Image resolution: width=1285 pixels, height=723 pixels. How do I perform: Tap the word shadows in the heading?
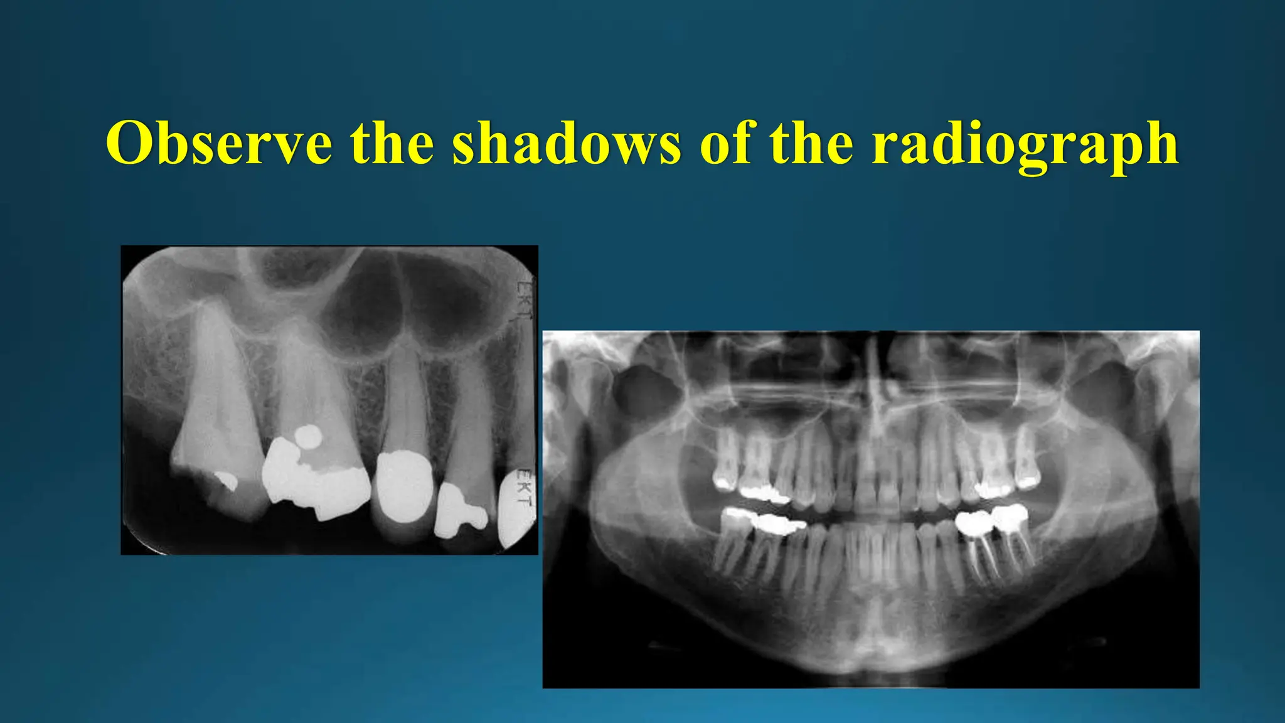coord(566,143)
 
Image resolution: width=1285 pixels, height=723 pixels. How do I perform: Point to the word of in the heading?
coord(725,143)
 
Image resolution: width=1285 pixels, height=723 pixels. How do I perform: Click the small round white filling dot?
coord(308,436)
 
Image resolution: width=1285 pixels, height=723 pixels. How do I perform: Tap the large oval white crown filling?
coord(403,486)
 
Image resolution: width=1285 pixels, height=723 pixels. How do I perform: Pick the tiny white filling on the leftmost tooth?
coord(226,480)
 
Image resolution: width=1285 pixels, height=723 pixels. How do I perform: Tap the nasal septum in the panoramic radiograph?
coord(874,383)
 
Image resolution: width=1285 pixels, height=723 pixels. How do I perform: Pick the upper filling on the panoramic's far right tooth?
coord(1026,483)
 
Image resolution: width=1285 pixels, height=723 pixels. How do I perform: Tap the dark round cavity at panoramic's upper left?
coord(646,392)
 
